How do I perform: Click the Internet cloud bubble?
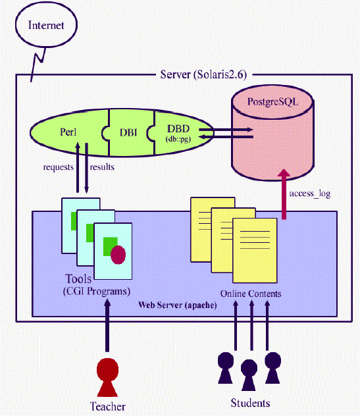[x=46, y=24]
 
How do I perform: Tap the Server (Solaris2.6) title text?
[x=203, y=74]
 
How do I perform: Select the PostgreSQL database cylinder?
[x=272, y=133]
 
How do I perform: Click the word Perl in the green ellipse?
[x=68, y=132]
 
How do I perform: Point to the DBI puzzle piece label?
[x=128, y=132]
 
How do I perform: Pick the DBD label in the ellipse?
[x=178, y=129]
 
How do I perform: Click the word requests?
[x=59, y=167]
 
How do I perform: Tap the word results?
[x=102, y=167]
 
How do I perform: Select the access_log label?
[x=310, y=194]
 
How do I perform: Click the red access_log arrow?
[x=284, y=194]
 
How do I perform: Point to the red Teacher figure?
[x=107, y=377]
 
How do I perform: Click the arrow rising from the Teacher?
[x=107, y=326]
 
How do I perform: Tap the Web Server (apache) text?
[x=178, y=305]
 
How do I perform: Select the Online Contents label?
[x=251, y=294]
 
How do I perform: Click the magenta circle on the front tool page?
[x=118, y=255]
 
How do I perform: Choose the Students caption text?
[x=251, y=403]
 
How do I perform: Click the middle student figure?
[x=249, y=375]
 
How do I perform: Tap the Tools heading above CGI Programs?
[x=78, y=279]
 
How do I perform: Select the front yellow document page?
[x=255, y=250]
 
